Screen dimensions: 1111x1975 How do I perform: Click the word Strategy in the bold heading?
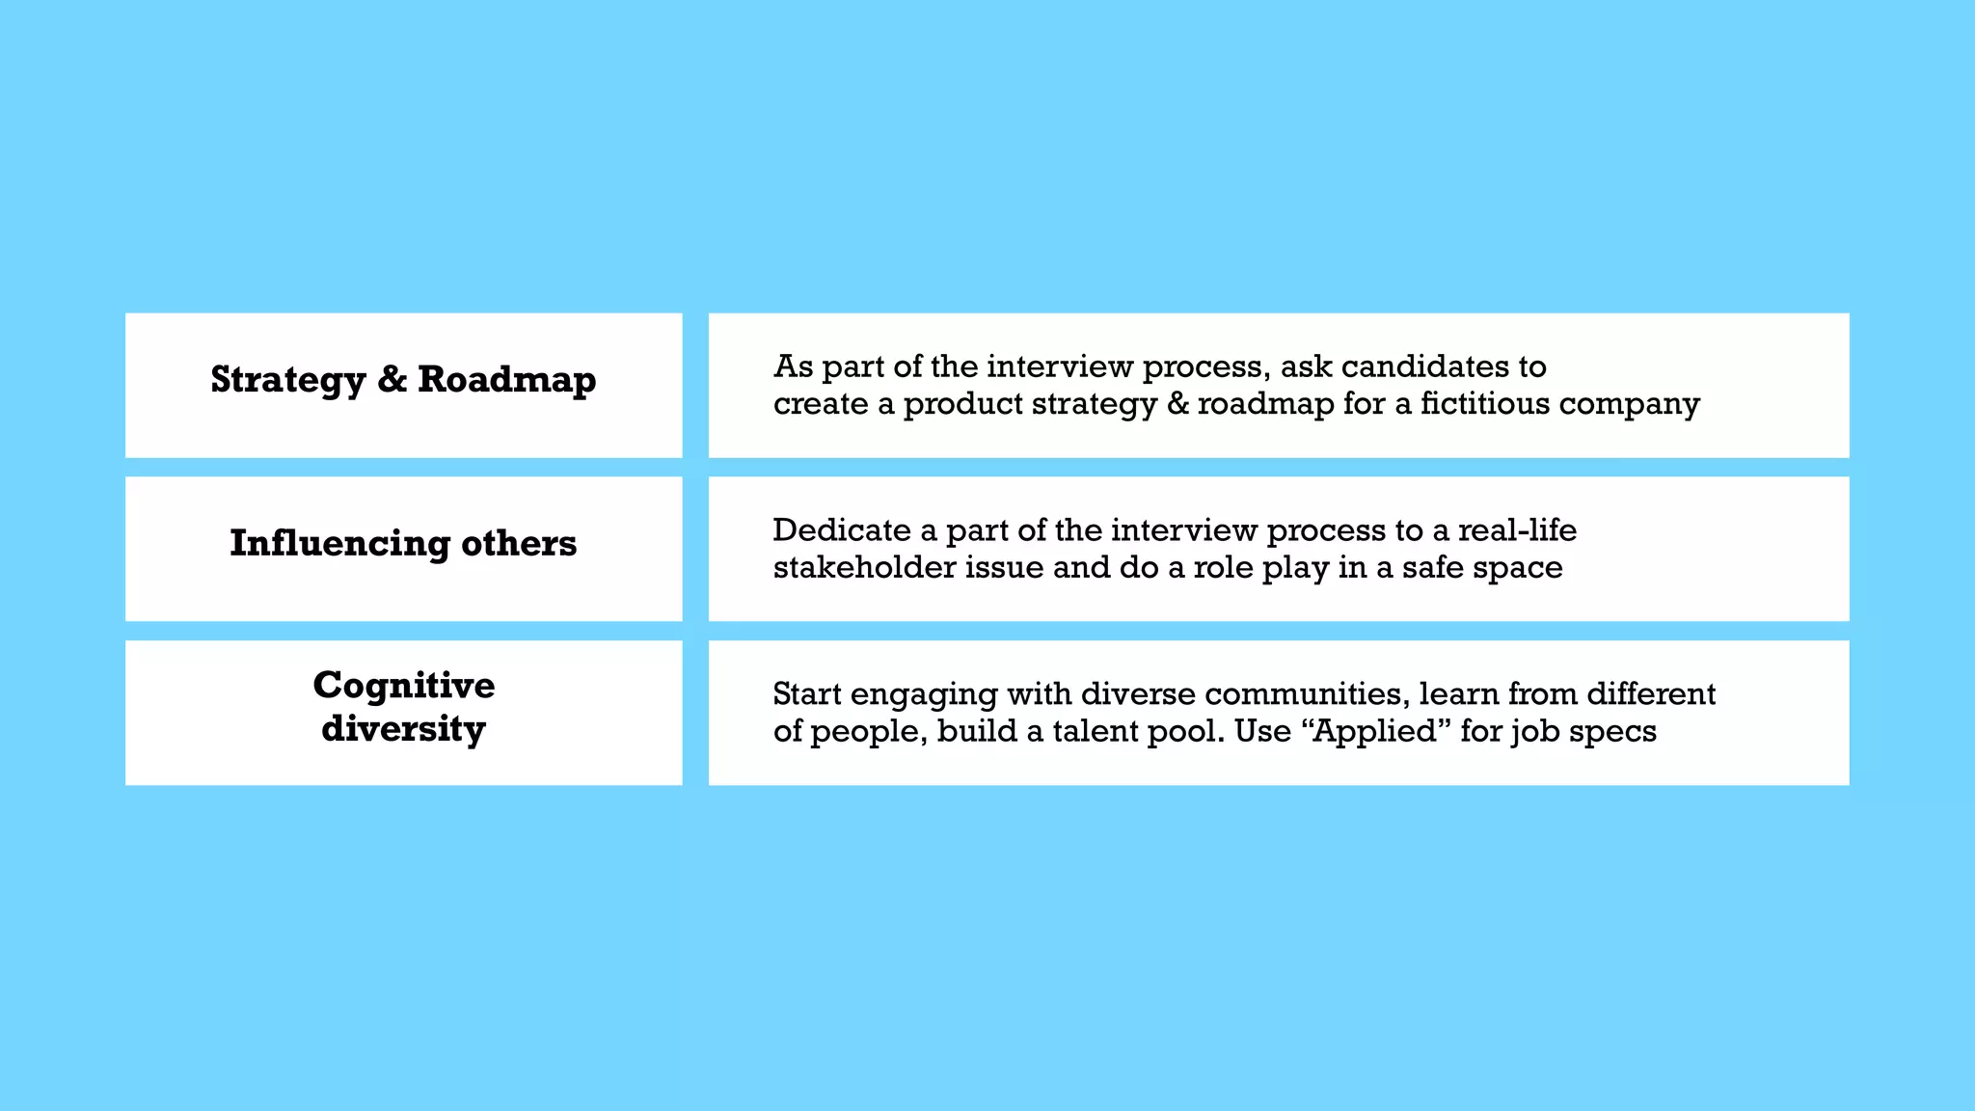[288, 380]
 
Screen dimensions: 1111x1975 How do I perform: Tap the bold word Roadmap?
[507, 380]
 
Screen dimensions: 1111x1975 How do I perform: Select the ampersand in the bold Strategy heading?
[392, 380]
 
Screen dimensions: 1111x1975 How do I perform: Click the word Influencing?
[339, 544]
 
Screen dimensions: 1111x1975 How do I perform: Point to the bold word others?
[519, 544]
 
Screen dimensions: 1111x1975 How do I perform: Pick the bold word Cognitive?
[404, 686]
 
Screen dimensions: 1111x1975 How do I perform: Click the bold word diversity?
[404, 728]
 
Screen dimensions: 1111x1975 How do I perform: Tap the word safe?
[1436, 567]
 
